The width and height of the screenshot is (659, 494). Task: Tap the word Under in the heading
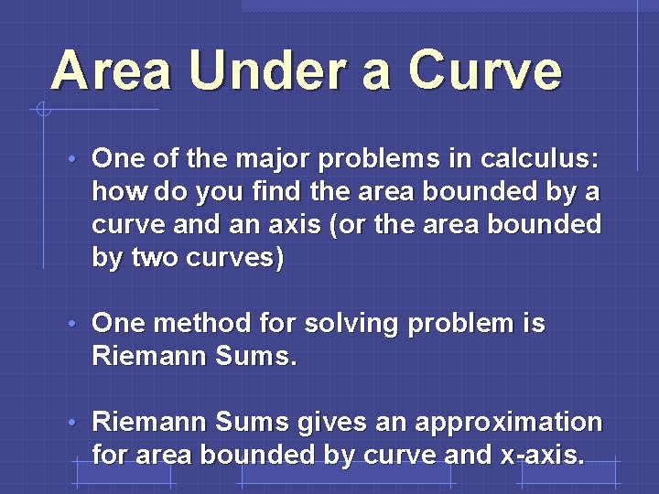coord(266,71)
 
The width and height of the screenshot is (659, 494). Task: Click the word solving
coord(351,324)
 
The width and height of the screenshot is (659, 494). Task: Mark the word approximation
coord(509,423)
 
